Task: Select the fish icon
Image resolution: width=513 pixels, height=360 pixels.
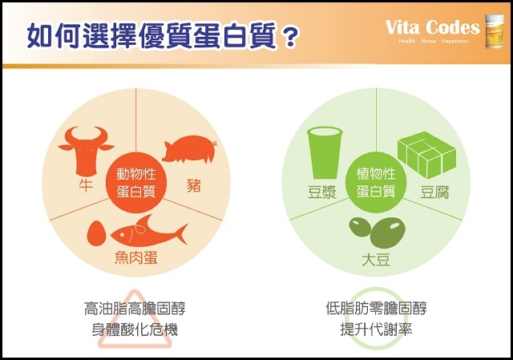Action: (x=148, y=232)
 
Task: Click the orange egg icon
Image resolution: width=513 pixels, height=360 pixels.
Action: (x=97, y=233)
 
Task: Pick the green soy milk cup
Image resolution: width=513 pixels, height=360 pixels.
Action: (x=324, y=153)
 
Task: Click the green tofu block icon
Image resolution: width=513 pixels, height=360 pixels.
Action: (x=426, y=152)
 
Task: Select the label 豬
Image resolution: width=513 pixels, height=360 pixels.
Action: (x=192, y=185)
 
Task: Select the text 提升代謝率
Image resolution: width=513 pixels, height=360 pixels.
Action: (x=376, y=328)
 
